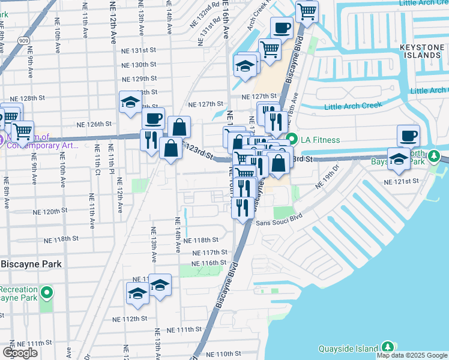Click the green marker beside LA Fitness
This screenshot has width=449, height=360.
(292, 139)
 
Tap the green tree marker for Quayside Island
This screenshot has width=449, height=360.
(388, 347)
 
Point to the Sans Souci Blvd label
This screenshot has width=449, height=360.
(277, 223)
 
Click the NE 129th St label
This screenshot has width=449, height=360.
(139, 79)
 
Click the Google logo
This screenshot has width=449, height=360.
(20, 353)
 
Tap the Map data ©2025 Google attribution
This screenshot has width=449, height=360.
(412, 355)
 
